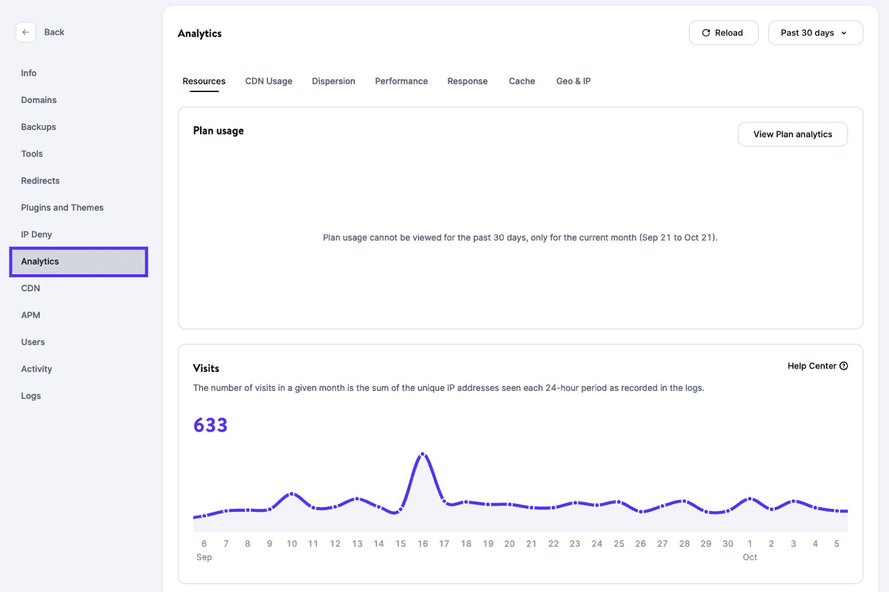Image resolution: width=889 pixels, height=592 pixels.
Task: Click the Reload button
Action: (723, 33)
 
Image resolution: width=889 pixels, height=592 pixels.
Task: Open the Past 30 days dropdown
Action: (815, 33)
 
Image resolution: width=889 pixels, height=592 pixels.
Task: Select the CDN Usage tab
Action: (269, 81)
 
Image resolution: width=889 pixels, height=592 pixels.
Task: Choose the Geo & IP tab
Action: (573, 81)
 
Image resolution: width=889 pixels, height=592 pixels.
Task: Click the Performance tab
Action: (401, 81)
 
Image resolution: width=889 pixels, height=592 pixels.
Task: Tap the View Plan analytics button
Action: (792, 135)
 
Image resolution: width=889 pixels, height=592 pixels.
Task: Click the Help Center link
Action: (817, 366)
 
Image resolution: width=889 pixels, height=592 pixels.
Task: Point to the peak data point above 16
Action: (423, 454)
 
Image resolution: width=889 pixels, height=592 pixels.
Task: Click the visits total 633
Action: (210, 425)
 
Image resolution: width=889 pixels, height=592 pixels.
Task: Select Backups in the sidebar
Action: (39, 127)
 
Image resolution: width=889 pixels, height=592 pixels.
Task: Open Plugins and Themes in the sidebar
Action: (62, 207)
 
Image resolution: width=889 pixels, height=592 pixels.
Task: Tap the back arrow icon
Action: (25, 32)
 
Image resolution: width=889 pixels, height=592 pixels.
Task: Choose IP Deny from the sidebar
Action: (36, 234)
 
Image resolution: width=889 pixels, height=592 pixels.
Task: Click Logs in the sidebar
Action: (31, 396)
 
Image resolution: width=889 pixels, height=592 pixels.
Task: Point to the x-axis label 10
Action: (291, 544)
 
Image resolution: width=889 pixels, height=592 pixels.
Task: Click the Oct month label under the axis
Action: (750, 557)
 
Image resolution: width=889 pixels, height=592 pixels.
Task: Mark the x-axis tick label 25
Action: (618, 544)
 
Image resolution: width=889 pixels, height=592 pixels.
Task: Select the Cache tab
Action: (522, 81)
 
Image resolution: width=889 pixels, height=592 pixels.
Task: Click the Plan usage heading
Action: (218, 131)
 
